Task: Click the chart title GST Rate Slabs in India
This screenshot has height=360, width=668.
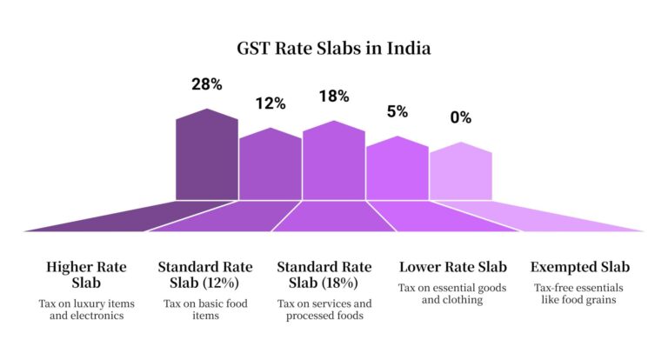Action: coord(335,49)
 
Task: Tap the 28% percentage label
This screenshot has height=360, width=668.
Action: coord(206,85)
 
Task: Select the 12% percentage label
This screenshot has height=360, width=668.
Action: coord(270,103)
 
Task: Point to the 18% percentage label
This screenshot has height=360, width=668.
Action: coord(333,97)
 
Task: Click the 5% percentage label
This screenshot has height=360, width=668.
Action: coord(397,111)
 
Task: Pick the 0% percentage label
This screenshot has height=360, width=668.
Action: coord(460,117)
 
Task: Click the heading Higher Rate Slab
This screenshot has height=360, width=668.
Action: coord(85,275)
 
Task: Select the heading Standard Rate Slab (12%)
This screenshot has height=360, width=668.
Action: coord(205,275)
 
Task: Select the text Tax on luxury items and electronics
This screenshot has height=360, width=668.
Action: coord(85,310)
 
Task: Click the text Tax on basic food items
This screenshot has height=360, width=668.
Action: coord(205,310)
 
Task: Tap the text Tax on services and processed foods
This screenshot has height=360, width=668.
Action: coord(324,310)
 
